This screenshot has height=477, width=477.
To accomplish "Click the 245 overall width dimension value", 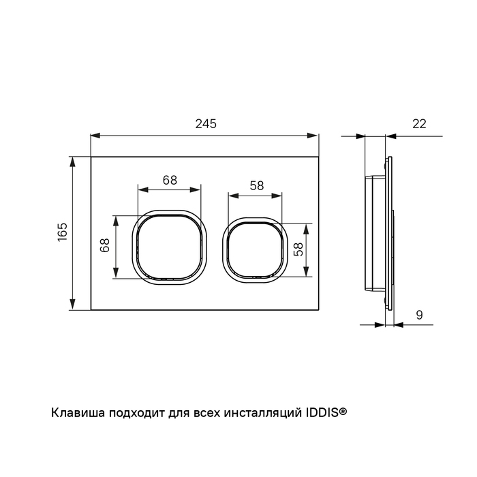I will pos(205,124).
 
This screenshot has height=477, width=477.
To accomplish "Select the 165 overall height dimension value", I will pos(62,233).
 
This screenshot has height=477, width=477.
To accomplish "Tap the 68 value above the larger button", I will pos(170,181).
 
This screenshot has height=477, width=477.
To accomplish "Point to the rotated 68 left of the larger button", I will pos(105,246).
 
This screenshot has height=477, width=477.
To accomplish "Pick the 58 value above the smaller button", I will pos(256,185).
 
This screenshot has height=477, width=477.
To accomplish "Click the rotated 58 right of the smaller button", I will pos(297,249).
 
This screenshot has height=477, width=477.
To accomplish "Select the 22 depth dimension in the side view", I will pos(419,124).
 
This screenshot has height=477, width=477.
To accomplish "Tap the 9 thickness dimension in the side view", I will pos(419,315).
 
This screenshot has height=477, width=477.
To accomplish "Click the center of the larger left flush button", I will pos(170,246).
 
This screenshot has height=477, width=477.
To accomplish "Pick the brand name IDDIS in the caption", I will pos(318,412).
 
